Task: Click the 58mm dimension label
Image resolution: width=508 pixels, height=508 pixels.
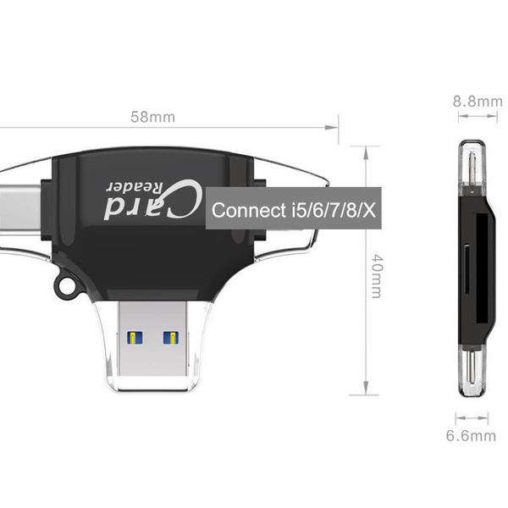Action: tap(152, 117)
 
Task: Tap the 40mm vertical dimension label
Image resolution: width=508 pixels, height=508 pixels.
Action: tap(377, 276)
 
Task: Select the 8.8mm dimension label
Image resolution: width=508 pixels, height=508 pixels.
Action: tap(478, 102)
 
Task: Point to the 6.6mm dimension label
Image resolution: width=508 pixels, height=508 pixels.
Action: tap(471, 435)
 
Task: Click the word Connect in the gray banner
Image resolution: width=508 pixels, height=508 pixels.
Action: tap(249, 210)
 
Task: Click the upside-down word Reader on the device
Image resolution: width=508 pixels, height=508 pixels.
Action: tap(135, 187)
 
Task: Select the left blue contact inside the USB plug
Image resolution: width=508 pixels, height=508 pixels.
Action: tap(135, 338)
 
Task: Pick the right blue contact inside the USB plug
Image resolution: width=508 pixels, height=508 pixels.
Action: tap(171, 338)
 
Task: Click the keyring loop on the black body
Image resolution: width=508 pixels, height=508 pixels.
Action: tap(66, 284)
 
